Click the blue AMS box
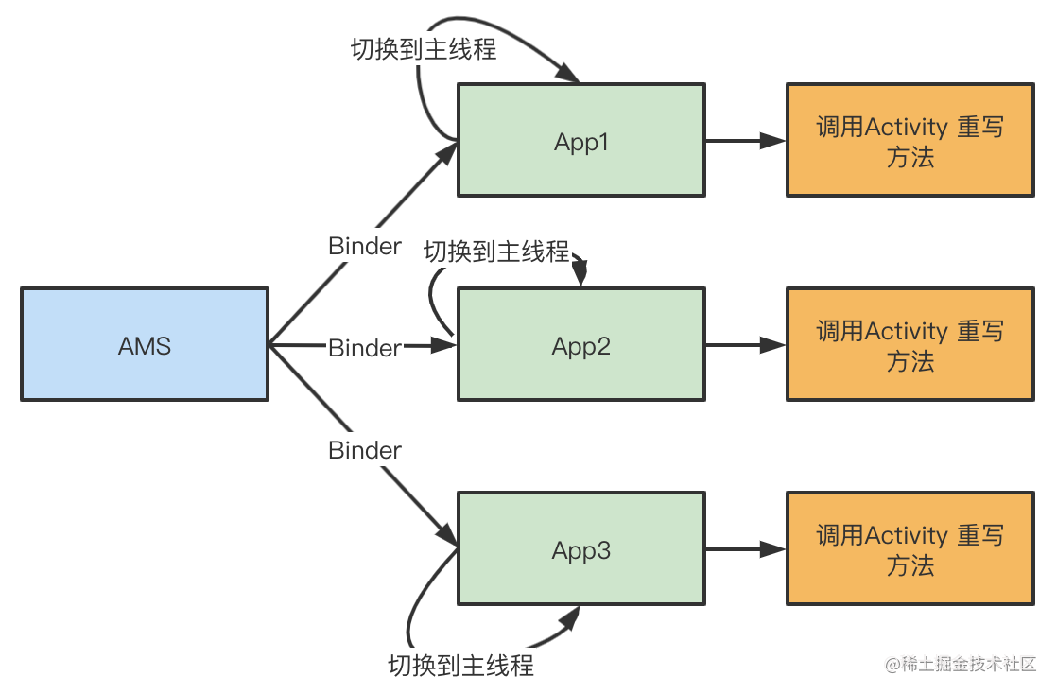coord(144,345)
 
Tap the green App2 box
coord(580,345)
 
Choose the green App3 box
coord(580,549)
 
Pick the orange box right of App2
coord(910,345)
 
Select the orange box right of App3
coord(910,549)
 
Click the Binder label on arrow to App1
coord(365,246)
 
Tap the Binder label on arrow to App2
coord(365,348)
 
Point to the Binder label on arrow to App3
coord(365,450)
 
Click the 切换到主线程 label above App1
coord(424,49)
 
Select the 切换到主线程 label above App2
coord(496,252)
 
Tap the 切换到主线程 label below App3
coord(460,665)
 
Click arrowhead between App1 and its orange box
coord(774,141)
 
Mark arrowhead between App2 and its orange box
coord(774,346)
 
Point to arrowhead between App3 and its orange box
coord(774,549)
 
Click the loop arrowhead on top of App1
coord(567,74)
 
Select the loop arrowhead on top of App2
coord(581,275)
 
